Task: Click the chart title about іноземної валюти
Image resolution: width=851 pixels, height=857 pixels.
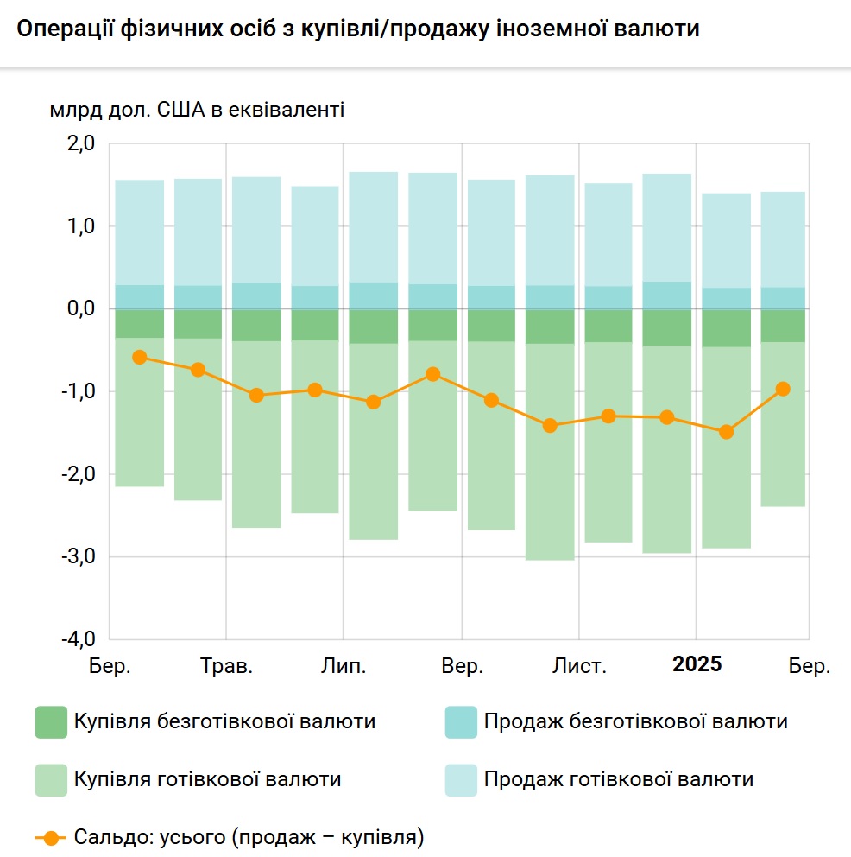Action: tap(357, 29)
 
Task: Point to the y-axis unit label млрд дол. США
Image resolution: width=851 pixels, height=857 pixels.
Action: tap(197, 110)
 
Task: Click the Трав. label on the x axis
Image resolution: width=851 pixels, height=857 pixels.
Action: tap(227, 666)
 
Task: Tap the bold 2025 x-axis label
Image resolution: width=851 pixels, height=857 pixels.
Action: tap(697, 664)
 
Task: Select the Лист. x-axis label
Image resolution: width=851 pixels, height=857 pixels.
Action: tap(579, 666)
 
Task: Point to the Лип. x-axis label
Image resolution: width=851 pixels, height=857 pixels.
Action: tap(344, 666)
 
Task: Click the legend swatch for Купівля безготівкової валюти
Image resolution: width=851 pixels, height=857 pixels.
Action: tap(51, 722)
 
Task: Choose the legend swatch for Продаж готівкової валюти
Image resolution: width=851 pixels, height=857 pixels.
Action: tap(461, 780)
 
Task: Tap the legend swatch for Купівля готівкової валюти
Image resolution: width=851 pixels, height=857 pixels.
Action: tap(51, 780)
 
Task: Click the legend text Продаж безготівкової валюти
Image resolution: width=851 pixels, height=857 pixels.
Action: tap(635, 721)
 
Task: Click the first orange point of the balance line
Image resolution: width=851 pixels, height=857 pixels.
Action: tap(140, 357)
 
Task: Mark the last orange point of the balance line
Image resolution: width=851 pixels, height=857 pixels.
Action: tap(784, 389)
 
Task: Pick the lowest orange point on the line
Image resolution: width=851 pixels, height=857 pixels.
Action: tap(726, 432)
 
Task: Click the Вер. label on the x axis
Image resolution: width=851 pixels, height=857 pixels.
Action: tap(462, 666)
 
